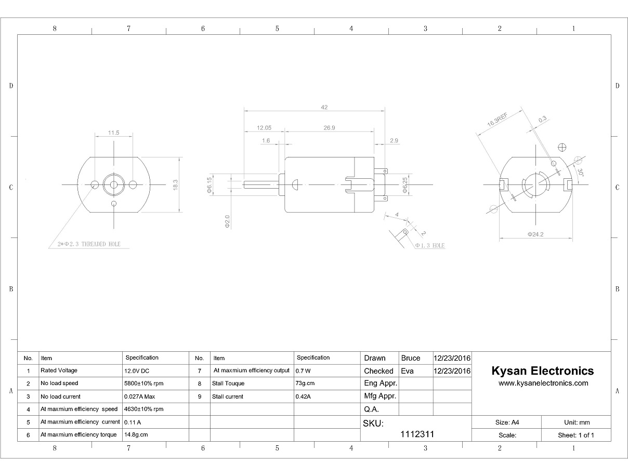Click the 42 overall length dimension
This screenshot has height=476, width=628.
(324, 108)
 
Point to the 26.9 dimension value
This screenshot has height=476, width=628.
(329, 127)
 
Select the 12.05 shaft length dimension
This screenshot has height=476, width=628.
(264, 127)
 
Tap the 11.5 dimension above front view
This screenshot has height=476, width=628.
(114, 133)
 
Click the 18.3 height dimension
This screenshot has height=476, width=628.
(175, 185)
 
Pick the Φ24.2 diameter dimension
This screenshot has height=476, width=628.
(535, 234)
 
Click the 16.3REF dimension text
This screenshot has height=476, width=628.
(497, 120)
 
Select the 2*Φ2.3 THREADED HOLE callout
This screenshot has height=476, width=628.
(89, 244)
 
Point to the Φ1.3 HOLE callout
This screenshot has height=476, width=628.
(429, 246)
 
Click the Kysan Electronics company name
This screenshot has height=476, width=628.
(542, 371)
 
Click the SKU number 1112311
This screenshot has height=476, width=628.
(417, 434)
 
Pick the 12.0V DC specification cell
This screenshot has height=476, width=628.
(137, 371)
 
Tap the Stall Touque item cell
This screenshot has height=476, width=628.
(228, 384)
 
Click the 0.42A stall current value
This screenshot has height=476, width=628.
(303, 396)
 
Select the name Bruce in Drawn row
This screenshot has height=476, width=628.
(411, 358)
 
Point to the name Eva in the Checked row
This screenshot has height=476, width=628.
(408, 371)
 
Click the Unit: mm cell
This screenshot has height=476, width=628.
(577, 422)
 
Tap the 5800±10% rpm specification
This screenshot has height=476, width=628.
(143, 384)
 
